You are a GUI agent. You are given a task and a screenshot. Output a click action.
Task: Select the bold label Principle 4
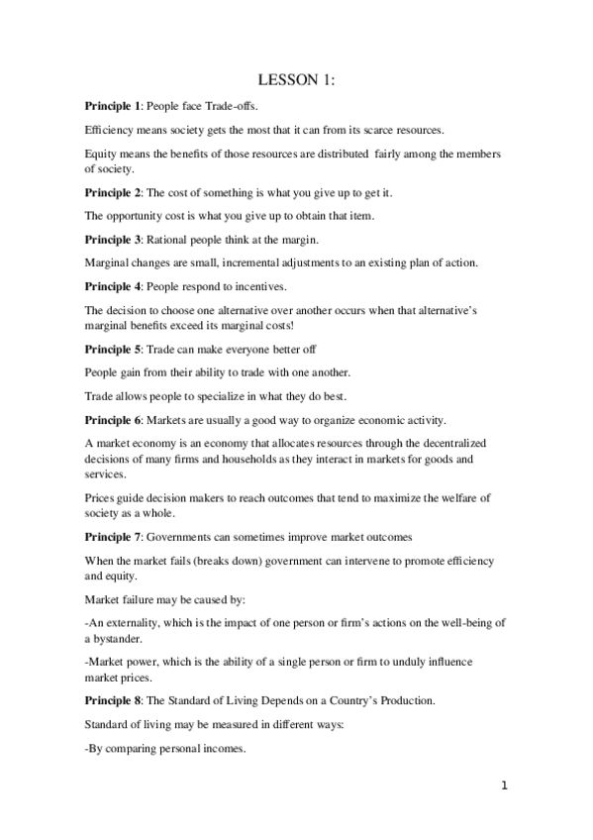point(111,286)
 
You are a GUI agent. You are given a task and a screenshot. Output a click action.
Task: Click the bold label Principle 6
point(111,420)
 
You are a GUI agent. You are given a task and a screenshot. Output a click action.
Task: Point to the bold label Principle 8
point(111,701)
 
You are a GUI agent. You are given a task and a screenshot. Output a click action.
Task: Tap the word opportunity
point(133,216)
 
